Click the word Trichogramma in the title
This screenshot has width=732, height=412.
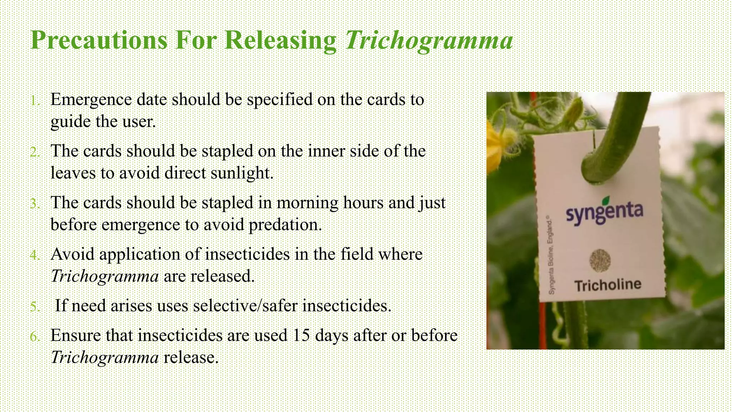(429, 40)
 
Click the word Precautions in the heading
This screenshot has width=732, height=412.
(99, 40)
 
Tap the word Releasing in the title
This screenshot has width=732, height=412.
(281, 40)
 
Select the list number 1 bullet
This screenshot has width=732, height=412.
(34, 101)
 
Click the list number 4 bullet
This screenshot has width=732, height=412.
(35, 255)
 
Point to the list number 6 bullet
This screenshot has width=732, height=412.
(35, 337)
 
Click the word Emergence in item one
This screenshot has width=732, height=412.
(91, 100)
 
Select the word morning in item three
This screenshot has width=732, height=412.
(307, 203)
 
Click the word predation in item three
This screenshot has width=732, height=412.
(285, 225)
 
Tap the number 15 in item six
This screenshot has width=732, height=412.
(301, 335)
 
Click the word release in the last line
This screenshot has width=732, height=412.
(191, 358)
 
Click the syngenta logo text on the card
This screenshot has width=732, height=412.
(604, 213)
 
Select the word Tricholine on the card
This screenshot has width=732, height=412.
(608, 285)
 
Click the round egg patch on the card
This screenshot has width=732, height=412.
(600, 260)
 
